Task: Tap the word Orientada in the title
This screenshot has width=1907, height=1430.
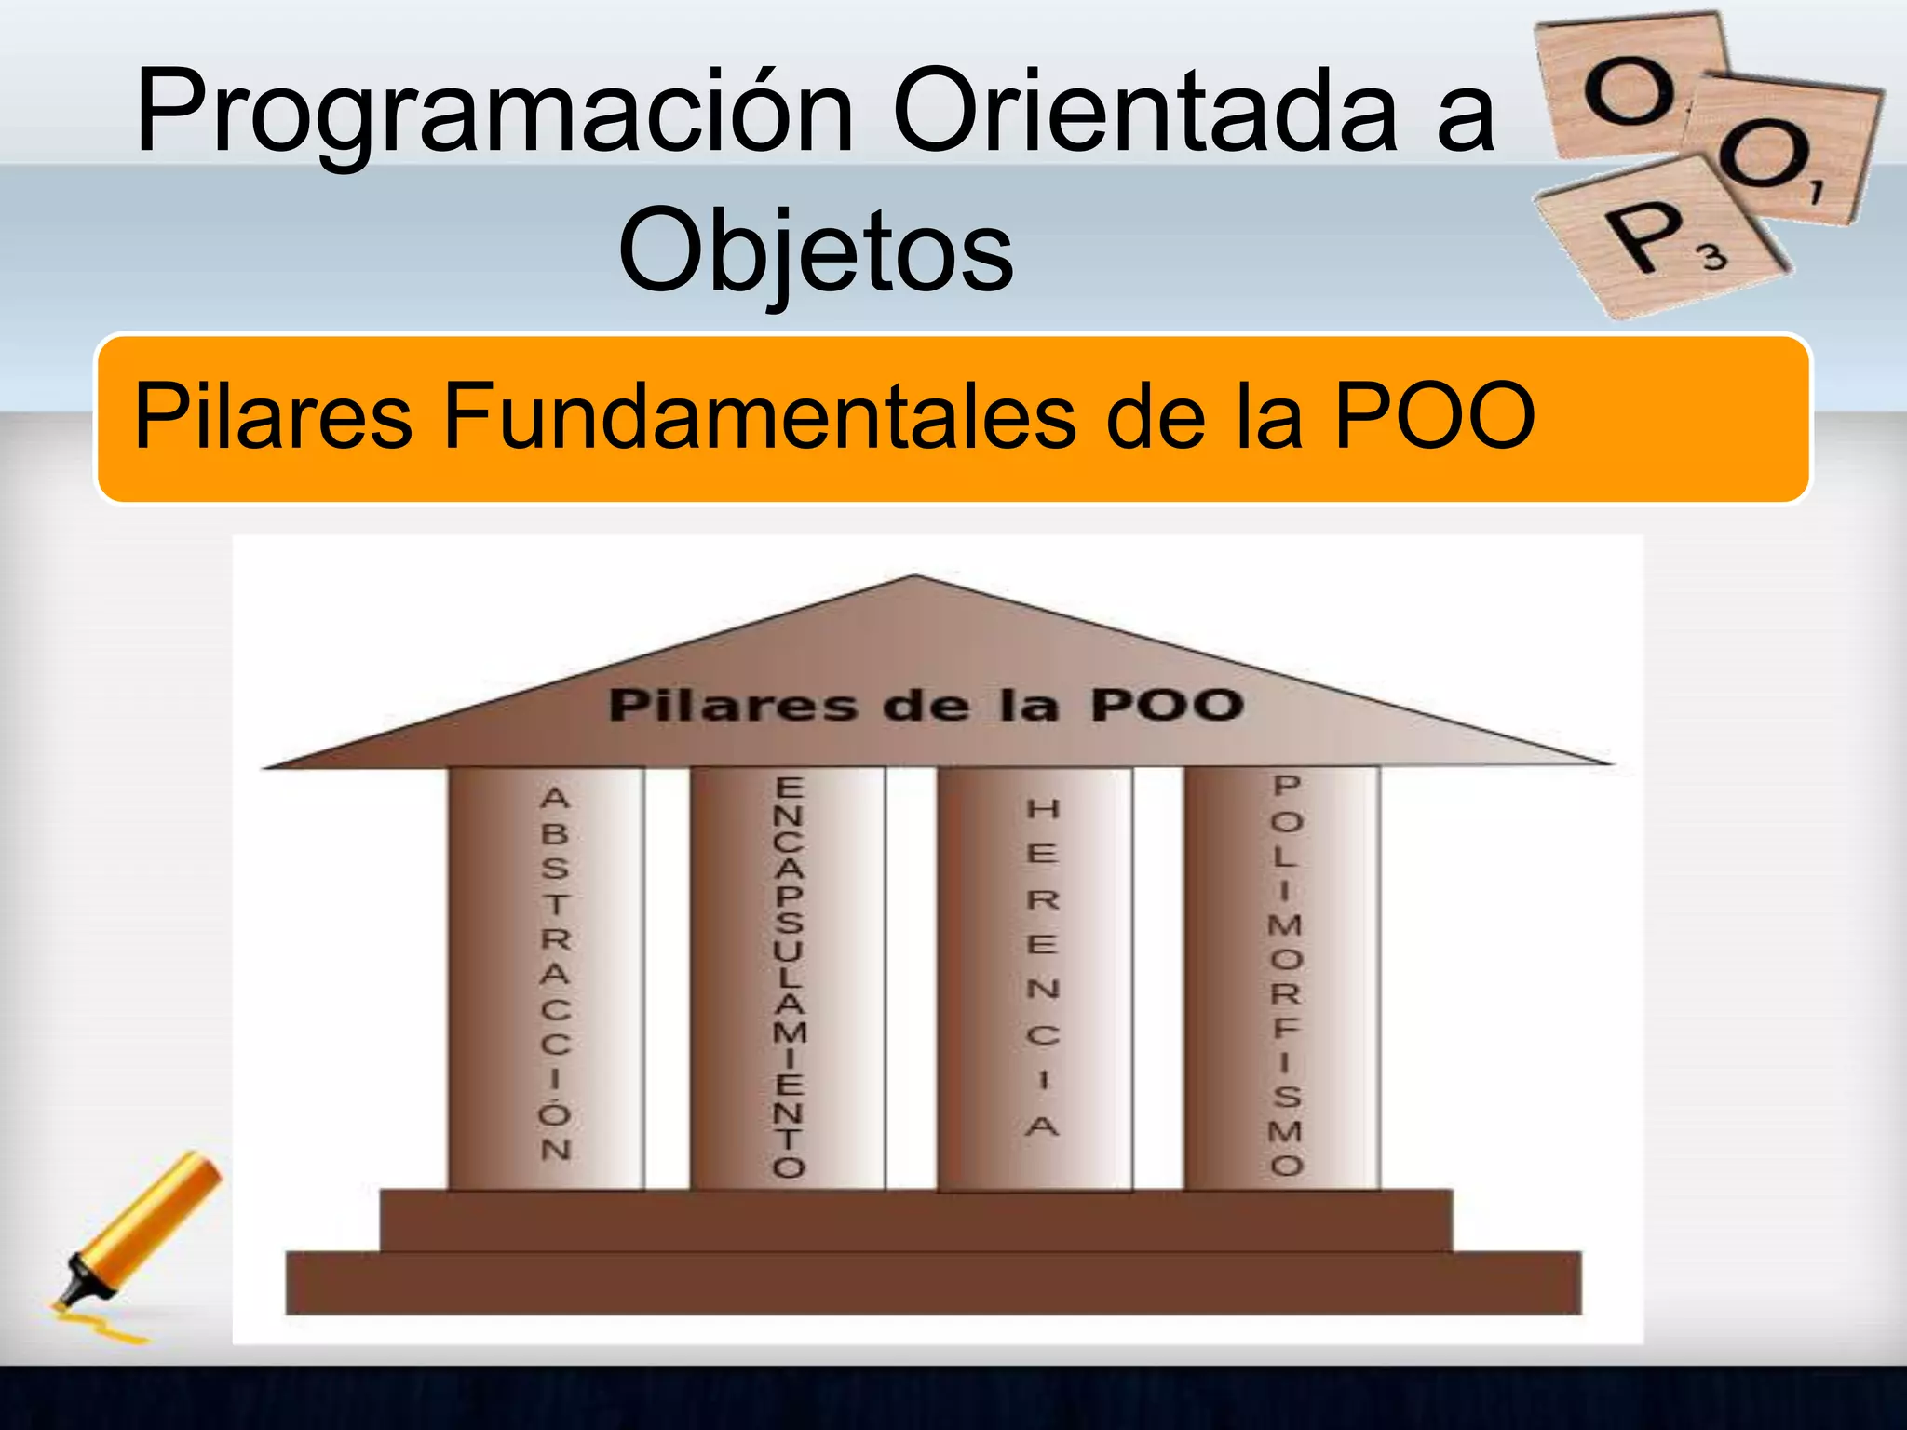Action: [x=1145, y=112]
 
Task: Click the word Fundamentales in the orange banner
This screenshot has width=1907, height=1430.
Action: [x=758, y=416]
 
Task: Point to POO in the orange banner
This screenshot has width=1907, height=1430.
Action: [x=1434, y=416]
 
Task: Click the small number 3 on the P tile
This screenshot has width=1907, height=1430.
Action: [x=1713, y=255]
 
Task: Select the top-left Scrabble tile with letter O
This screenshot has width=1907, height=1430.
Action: [x=1625, y=88]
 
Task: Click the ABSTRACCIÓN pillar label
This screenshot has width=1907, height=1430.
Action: [x=555, y=973]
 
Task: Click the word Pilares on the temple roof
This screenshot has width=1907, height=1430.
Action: [x=731, y=705]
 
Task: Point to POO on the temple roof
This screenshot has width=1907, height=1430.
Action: [x=1168, y=704]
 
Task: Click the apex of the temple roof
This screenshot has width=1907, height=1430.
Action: [x=915, y=577]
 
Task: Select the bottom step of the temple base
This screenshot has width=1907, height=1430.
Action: [x=931, y=1283]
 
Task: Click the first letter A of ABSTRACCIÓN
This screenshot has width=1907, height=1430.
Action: [x=555, y=798]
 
